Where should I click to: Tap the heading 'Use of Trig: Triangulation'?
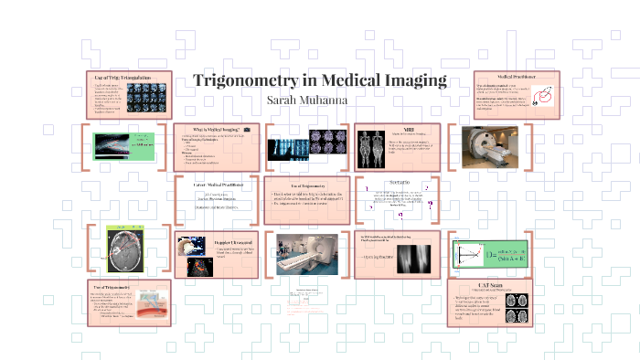[x=123, y=77]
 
